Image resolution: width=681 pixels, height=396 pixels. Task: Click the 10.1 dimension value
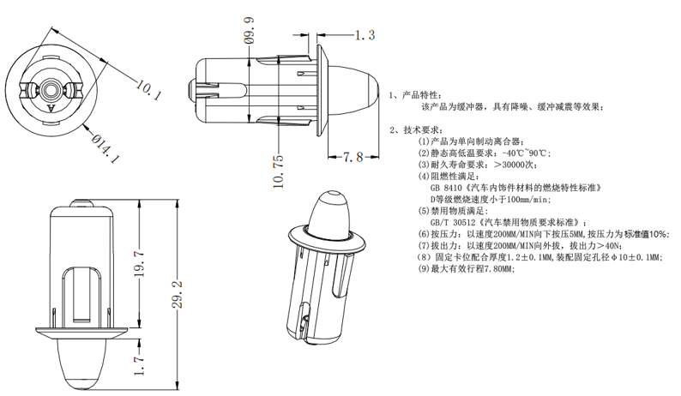(x=149, y=88)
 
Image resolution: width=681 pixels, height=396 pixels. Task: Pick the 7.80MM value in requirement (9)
(x=497, y=269)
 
